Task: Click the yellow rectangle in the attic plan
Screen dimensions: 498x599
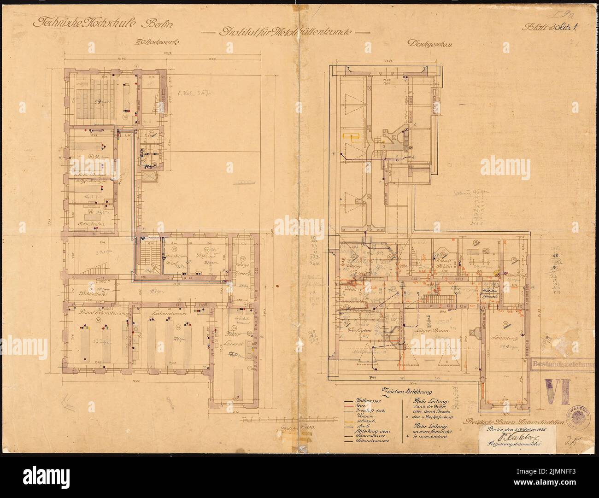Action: coord(351,136)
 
